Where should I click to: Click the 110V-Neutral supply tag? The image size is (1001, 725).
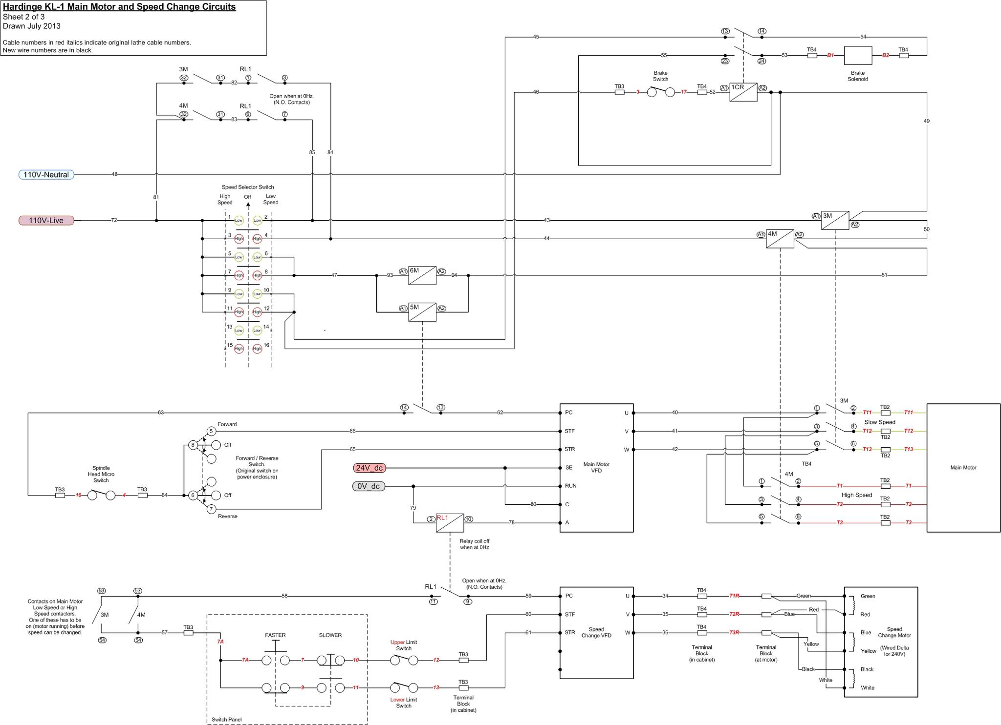pyautogui.click(x=46, y=175)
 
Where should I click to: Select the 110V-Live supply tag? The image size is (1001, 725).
pyautogui.click(x=46, y=221)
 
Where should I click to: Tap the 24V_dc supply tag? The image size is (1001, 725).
pyautogui.click(x=369, y=468)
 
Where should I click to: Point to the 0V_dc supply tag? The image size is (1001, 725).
pyautogui.click(x=369, y=486)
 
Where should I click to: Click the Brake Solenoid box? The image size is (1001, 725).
pyautogui.click(x=858, y=56)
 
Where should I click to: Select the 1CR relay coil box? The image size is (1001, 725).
pyautogui.click(x=743, y=92)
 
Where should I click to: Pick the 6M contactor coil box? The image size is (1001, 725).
pyautogui.click(x=422, y=276)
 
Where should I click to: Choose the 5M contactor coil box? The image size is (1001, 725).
pyautogui.click(x=422, y=312)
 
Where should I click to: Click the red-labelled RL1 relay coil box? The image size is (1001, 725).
pyautogui.click(x=450, y=523)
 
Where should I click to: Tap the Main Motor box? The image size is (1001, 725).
pyautogui.click(x=963, y=468)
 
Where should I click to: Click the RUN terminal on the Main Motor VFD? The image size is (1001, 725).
pyautogui.click(x=570, y=486)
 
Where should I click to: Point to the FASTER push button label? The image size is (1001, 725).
pyautogui.click(x=275, y=635)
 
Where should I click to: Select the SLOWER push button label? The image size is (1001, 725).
pyautogui.click(x=330, y=635)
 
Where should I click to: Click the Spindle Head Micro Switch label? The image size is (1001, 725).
pyautogui.click(x=101, y=474)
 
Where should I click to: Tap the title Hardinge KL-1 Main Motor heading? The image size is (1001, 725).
pyautogui.click(x=119, y=7)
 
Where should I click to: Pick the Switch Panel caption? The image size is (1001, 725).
pyautogui.click(x=226, y=720)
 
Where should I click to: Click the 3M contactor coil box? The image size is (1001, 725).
pyautogui.click(x=835, y=220)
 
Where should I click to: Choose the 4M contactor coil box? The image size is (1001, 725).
pyautogui.click(x=780, y=239)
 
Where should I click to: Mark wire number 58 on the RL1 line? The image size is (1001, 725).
pyautogui.click(x=284, y=596)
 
